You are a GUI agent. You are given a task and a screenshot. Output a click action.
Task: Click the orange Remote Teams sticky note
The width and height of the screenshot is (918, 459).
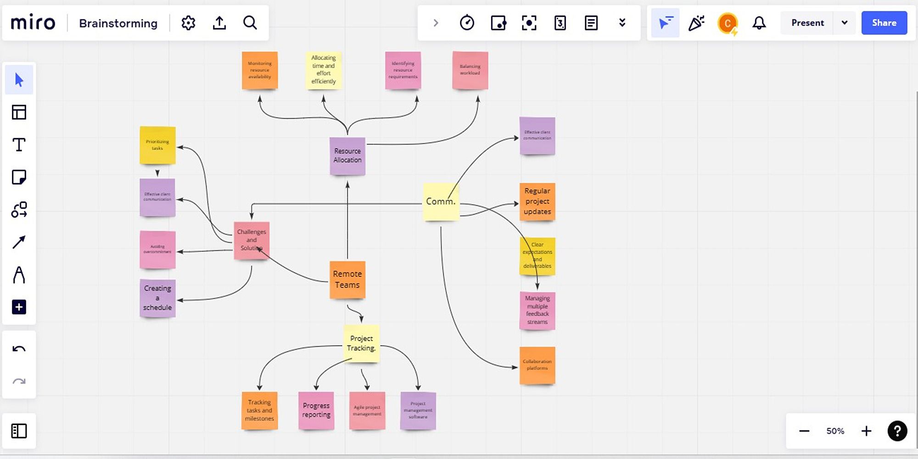tap(347, 280)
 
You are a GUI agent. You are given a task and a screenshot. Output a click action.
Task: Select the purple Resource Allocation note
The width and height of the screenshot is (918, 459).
tap(347, 156)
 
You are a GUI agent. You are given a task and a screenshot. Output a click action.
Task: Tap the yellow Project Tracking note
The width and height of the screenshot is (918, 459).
tap(361, 343)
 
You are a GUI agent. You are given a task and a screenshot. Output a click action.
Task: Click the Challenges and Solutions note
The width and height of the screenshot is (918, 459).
tap(252, 240)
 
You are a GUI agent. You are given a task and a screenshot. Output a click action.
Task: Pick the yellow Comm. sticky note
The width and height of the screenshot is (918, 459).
tap(441, 201)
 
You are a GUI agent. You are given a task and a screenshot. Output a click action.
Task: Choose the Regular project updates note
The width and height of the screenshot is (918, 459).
tap(537, 201)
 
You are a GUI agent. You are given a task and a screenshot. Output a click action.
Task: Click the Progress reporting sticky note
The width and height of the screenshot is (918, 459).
tap(316, 410)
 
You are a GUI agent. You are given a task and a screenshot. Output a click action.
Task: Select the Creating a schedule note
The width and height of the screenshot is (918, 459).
tap(157, 298)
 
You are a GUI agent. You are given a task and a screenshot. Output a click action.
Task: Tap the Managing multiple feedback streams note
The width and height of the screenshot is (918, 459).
tap(537, 310)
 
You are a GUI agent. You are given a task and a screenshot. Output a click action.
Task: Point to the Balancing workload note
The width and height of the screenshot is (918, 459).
tap(470, 70)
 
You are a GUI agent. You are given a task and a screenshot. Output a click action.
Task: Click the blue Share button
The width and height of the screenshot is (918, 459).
tap(884, 23)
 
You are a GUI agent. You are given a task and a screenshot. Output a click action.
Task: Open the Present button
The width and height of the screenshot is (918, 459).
tap(807, 23)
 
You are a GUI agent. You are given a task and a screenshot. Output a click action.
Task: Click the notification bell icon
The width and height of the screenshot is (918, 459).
tap(759, 23)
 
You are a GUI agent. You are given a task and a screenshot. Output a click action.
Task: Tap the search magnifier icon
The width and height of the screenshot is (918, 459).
tap(250, 23)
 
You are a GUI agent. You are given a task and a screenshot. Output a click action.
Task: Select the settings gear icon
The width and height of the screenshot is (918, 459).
tap(188, 23)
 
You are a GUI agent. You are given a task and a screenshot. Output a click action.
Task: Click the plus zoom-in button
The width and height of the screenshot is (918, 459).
tap(866, 431)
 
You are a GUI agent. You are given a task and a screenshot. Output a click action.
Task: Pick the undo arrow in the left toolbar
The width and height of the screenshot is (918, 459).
tap(19, 349)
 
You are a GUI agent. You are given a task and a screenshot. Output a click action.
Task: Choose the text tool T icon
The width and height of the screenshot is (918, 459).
tap(19, 145)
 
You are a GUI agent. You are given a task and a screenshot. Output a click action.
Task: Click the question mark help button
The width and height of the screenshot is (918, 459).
tap(897, 431)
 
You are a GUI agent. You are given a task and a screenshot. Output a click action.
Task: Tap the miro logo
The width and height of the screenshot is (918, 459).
tap(33, 23)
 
